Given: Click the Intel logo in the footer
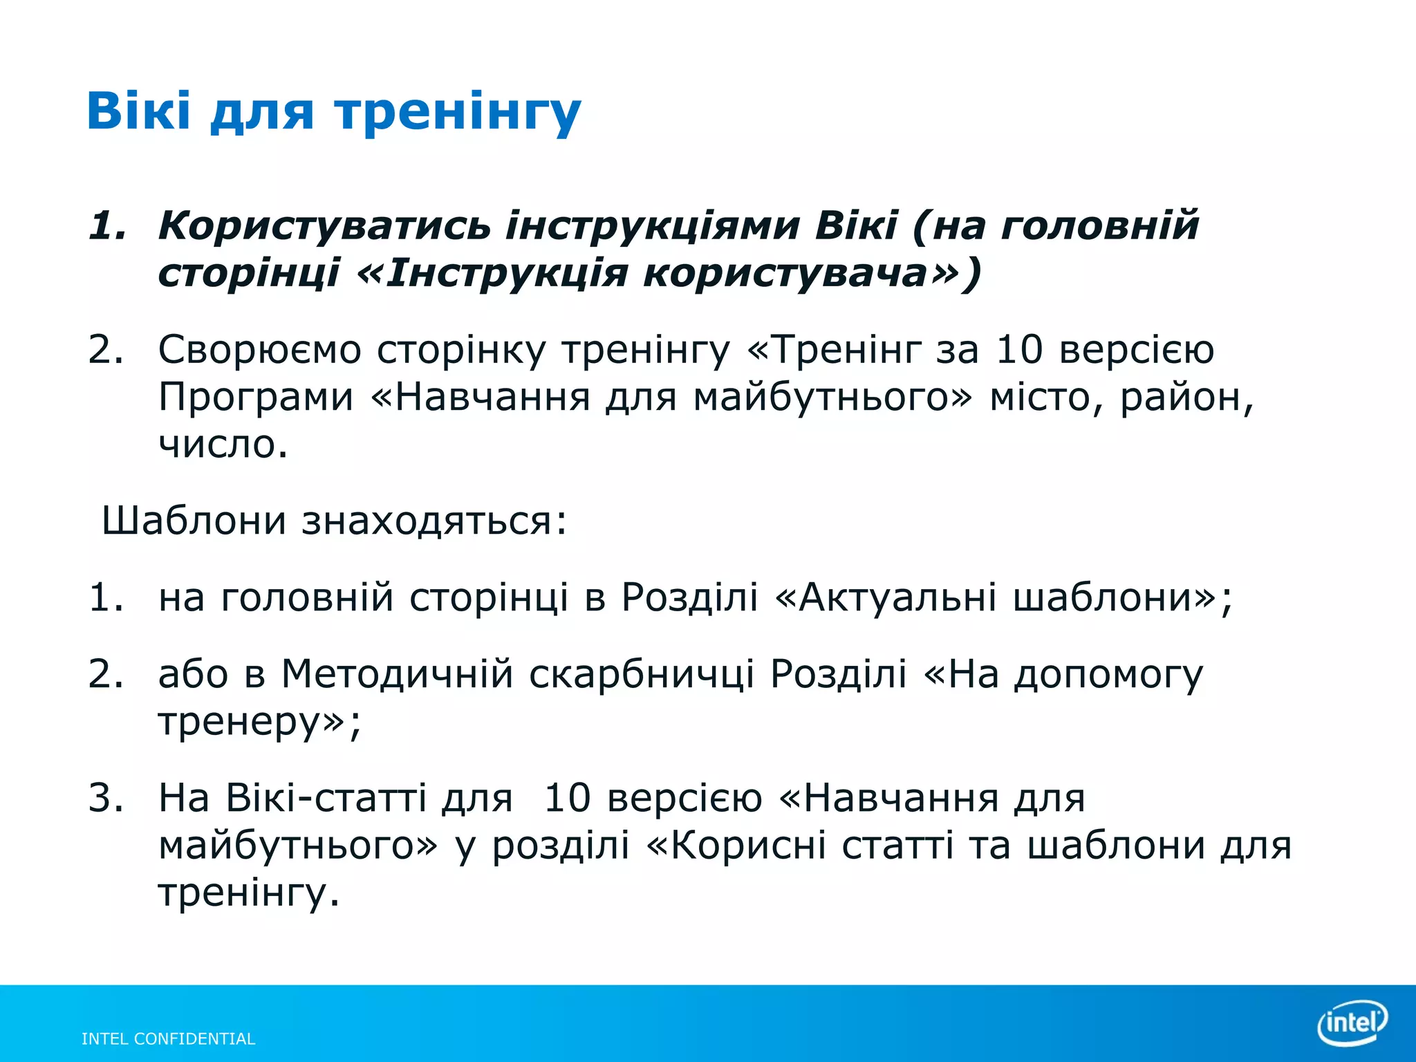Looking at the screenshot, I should [1352, 1022].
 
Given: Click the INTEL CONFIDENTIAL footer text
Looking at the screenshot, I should [168, 1038].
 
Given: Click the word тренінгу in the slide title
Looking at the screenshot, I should [458, 112].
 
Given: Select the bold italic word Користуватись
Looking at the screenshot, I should [324, 226].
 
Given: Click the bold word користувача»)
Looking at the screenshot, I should [812, 272].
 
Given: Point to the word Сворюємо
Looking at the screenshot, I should [259, 350].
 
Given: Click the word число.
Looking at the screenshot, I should [223, 444].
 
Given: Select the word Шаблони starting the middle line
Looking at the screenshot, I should [194, 520].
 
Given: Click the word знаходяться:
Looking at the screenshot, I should [434, 521].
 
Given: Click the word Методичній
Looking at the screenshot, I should [398, 673].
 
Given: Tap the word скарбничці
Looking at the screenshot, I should [642, 673].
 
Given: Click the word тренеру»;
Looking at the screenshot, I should [259, 723].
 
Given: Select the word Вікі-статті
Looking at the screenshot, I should [326, 798].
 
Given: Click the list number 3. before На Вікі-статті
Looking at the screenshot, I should [106, 798].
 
